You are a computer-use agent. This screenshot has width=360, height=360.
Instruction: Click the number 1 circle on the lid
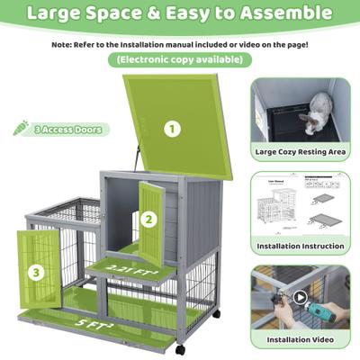pyautogui.click(x=171, y=128)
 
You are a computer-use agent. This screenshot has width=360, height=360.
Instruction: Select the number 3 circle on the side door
pyautogui.click(x=35, y=271)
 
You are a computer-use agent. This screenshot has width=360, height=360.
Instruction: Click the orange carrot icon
pyautogui.click(x=20, y=129)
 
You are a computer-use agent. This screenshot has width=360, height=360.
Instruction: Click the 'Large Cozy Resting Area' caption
pyautogui.click(x=299, y=152)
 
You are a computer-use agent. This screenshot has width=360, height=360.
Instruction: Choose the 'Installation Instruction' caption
pyautogui.click(x=299, y=246)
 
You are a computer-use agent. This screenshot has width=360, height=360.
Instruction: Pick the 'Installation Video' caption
pyautogui.click(x=299, y=340)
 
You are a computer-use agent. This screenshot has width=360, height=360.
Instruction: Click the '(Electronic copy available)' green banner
pyautogui.click(x=178, y=59)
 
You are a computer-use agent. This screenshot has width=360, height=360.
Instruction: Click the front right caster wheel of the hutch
pyautogui.click(x=181, y=348)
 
